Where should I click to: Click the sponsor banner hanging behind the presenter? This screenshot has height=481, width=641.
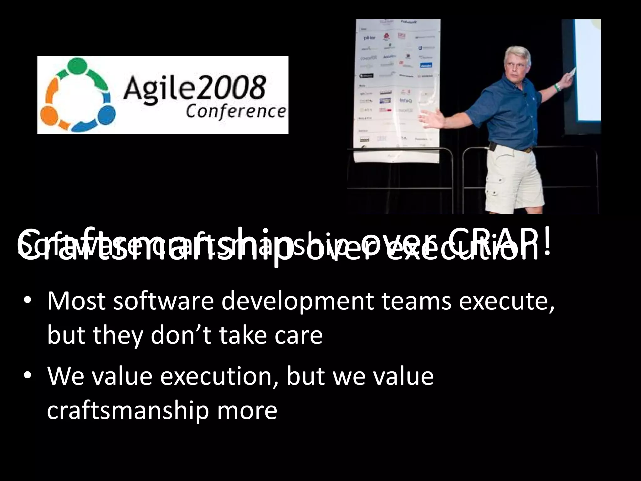click(397, 85)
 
